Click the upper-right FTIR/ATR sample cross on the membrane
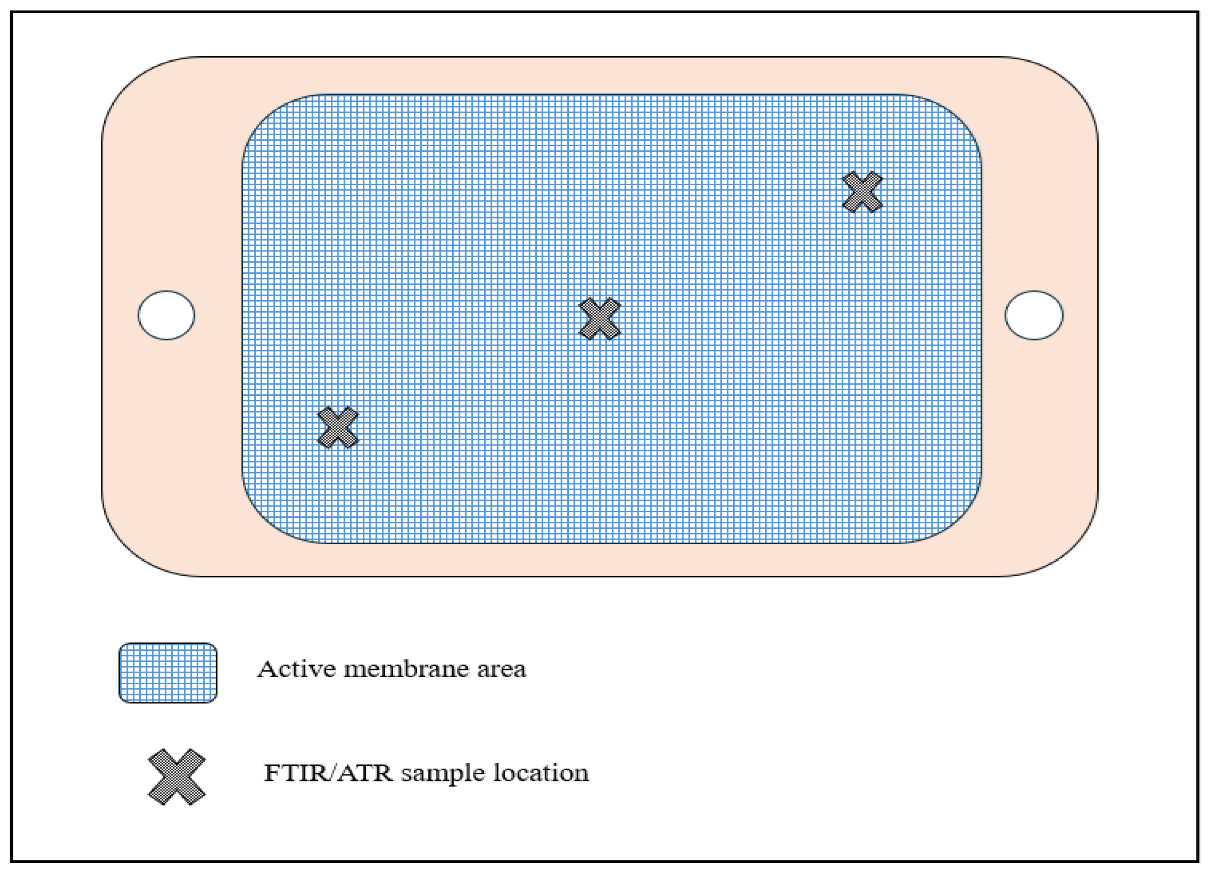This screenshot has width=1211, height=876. (x=862, y=192)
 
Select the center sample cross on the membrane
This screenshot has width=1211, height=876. (x=600, y=319)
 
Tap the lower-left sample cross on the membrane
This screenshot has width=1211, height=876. (x=338, y=427)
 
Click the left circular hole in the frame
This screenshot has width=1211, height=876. (x=166, y=315)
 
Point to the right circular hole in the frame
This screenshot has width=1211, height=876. (x=1034, y=315)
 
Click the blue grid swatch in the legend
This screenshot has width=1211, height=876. (x=168, y=673)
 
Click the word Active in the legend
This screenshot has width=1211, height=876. (x=296, y=669)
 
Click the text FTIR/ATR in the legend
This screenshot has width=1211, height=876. (x=328, y=773)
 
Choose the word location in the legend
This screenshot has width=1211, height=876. (x=540, y=773)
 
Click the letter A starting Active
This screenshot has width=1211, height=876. (x=267, y=669)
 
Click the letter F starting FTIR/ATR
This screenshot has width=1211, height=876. (x=272, y=773)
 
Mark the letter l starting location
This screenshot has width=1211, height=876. (x=496, y=772)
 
